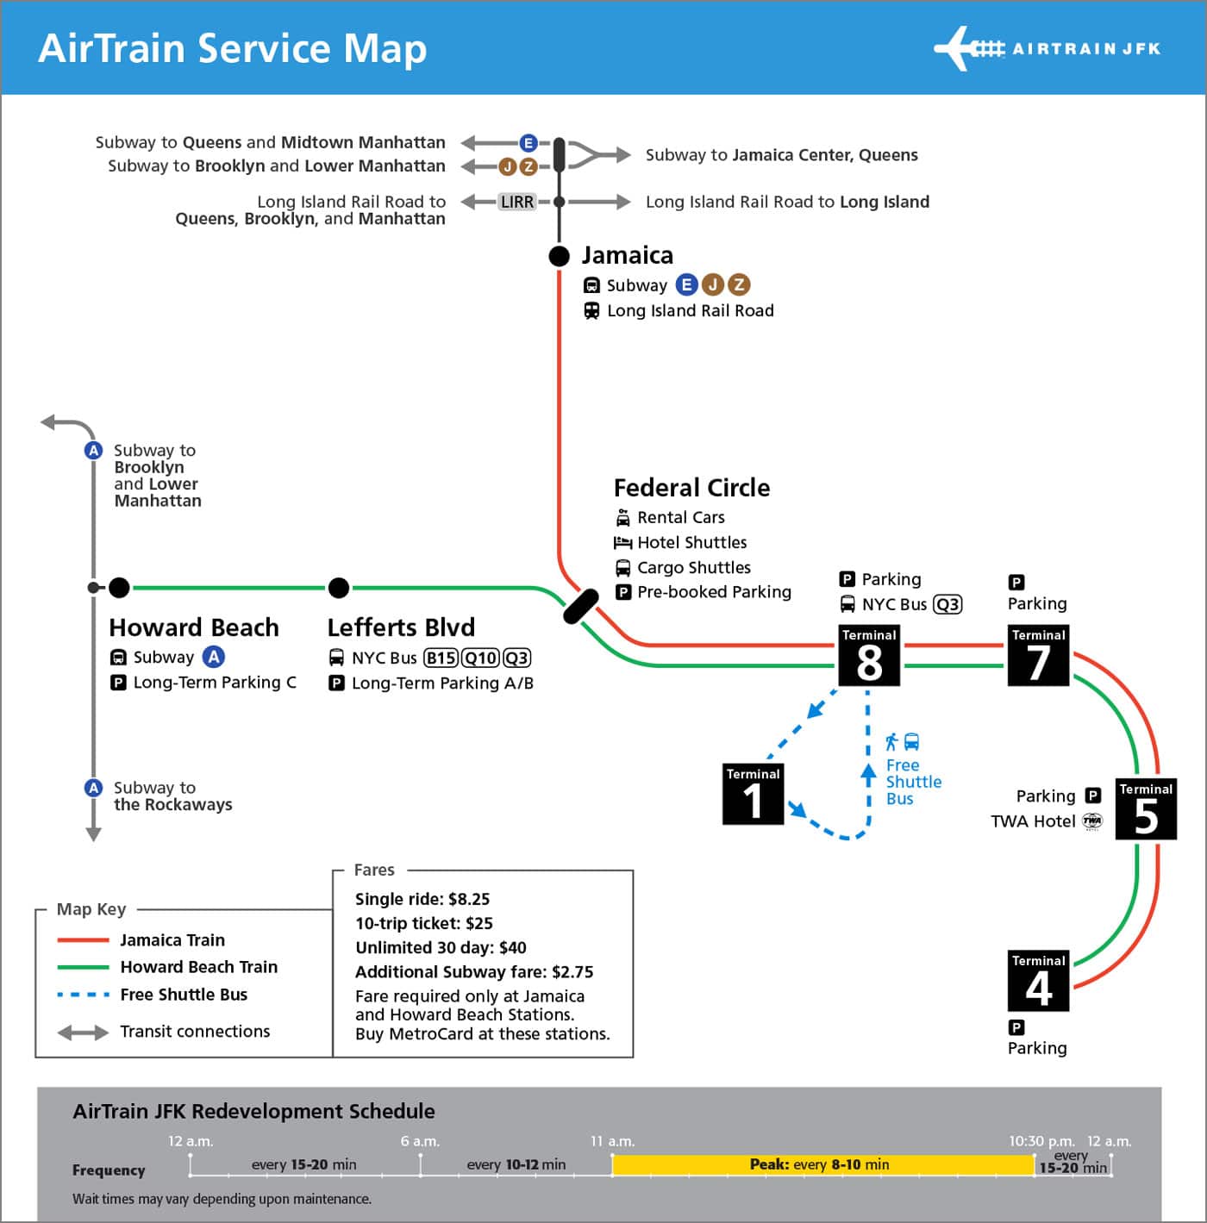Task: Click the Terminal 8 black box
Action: (869, 655)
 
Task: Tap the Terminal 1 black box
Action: (753, 794)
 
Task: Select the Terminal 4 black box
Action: (1038, 981)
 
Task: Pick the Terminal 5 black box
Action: (1146, 809)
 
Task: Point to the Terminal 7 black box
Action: (1038, 655)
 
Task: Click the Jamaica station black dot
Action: (560, 256)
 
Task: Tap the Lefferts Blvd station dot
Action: (339, 588)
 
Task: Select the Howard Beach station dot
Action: (120, 588)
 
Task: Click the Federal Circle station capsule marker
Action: (580, 606)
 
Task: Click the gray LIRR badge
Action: (517, 202)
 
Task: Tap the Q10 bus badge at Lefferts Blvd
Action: (480, 658)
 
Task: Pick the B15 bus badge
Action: (441, 658)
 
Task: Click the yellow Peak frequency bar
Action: (822, 1165)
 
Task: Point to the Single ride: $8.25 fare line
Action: (422, 899)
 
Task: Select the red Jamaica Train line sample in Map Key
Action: (83, 940)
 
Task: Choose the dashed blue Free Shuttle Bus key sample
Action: (83, 995)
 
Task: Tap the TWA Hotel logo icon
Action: (1092, 821)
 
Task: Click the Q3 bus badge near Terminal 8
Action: (947, 604)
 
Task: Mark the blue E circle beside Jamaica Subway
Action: (686, 284)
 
